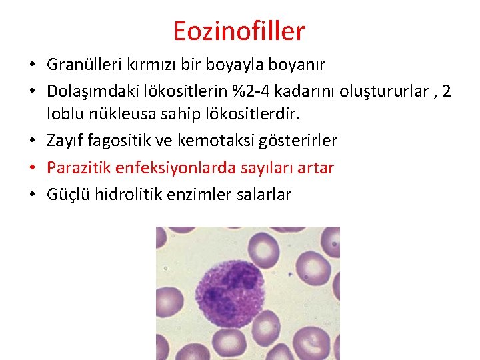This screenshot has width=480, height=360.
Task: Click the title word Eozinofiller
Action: click(x=239, y=31)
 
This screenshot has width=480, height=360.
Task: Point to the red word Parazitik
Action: click(x=75, y=168)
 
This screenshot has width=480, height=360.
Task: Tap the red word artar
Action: click(x=315, y=168)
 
